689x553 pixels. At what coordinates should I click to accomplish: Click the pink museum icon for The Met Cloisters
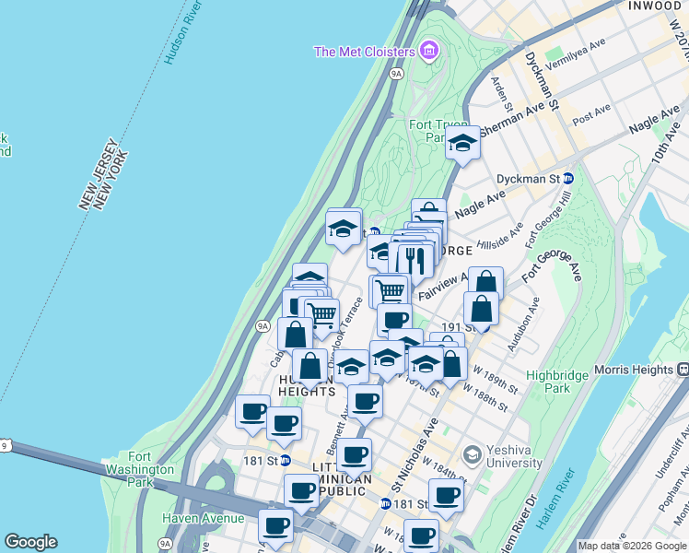[429, 51]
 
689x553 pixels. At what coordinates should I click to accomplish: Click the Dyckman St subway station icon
[568, 178]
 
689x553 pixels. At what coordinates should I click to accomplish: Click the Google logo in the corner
[30, 542]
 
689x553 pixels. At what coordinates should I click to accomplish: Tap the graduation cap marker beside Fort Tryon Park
[462, 143]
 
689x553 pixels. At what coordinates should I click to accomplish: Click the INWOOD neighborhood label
[652, 6]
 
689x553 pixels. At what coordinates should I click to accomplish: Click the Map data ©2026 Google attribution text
[632, 546]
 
